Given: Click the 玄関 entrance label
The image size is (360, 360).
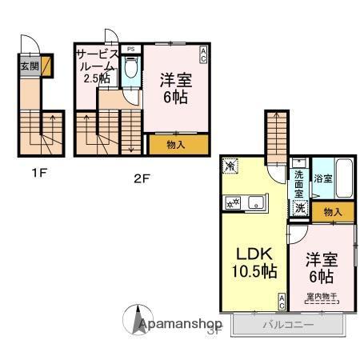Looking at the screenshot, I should tap(26, 66).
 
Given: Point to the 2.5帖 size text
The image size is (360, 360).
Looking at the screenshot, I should tap(95, 78).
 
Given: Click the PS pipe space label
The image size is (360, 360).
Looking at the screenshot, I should tap(130, 49).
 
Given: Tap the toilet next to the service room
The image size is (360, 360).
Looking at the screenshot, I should tap(132, 75).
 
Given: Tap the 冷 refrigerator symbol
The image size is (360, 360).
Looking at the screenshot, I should tap(230, 167).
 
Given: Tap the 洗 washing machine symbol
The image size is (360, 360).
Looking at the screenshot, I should tap(298, 208).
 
